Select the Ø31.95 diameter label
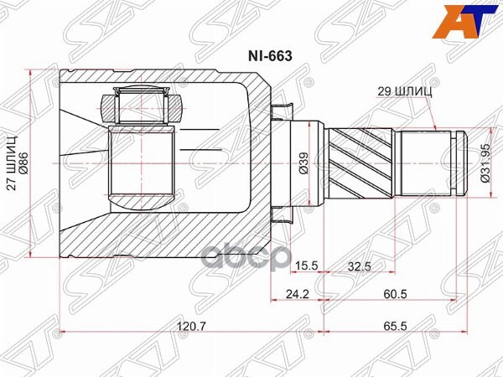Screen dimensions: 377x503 (484, 162)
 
